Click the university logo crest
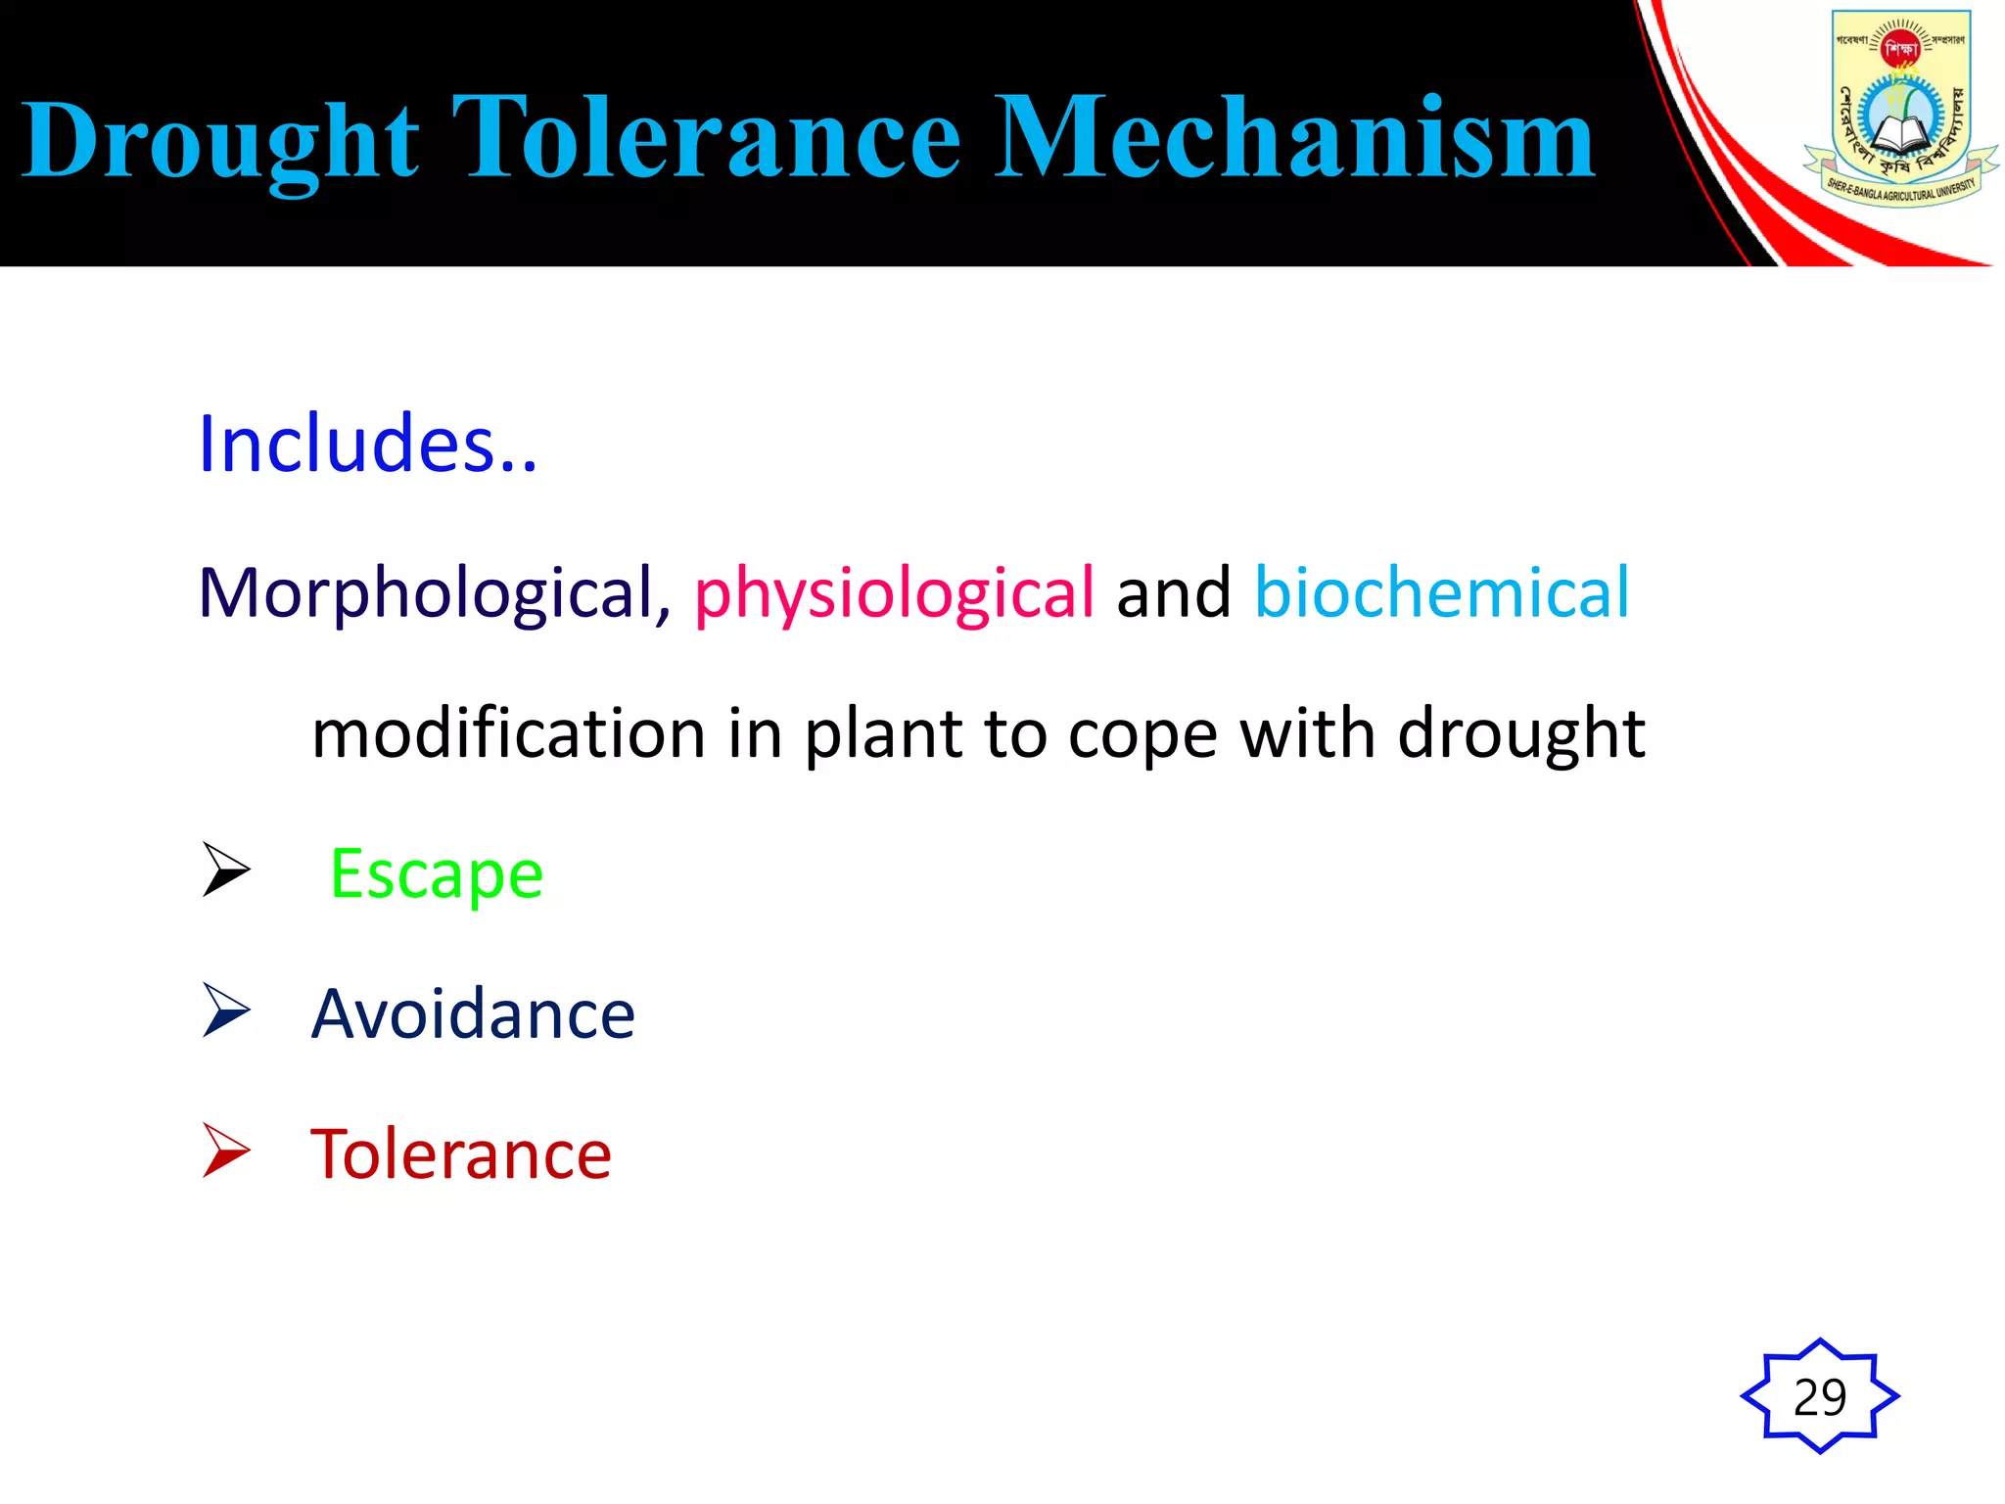tap(1899, 108)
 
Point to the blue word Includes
tap(367, 445)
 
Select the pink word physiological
tap(894, 593)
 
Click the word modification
tap(508, 733)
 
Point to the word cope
tap(1142, 735)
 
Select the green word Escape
tap(437, 873)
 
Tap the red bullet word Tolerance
tap(461, 1154)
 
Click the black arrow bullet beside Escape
tap(226, 869)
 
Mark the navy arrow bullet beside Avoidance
tap(226, 1010)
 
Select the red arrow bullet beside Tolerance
tap(226, 1150)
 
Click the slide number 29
tap(1820, 1396)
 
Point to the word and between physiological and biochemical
tap(1174, 593)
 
